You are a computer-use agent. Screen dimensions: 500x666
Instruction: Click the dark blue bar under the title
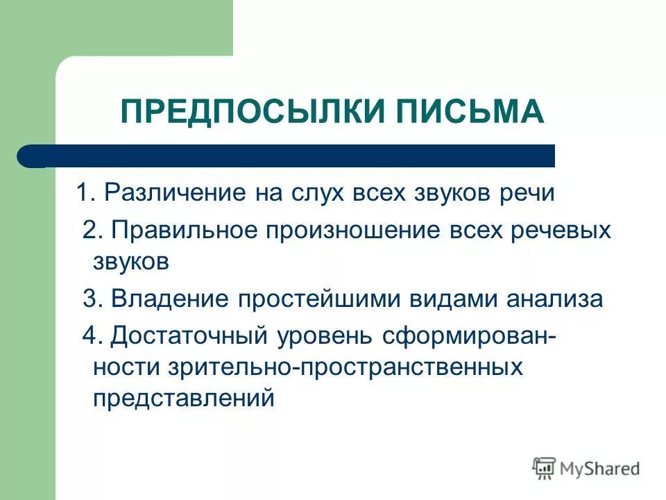click(x=291, y=156)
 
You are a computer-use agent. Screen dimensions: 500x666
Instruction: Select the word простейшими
click(x=302, y=299)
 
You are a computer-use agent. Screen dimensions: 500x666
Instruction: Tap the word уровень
click(x=322, y=336)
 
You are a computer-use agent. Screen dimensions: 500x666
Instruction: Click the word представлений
click(x=184, y=399)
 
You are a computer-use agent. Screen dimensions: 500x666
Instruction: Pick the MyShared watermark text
click(x=601, y=468)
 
